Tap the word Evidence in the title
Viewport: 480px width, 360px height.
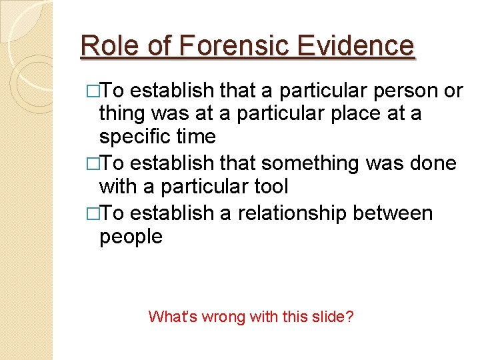pos(357,46)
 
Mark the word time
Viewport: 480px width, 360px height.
pos(196,137)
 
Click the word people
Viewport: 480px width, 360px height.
pos(131,237)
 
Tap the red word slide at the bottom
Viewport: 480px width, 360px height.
pos(328,316)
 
